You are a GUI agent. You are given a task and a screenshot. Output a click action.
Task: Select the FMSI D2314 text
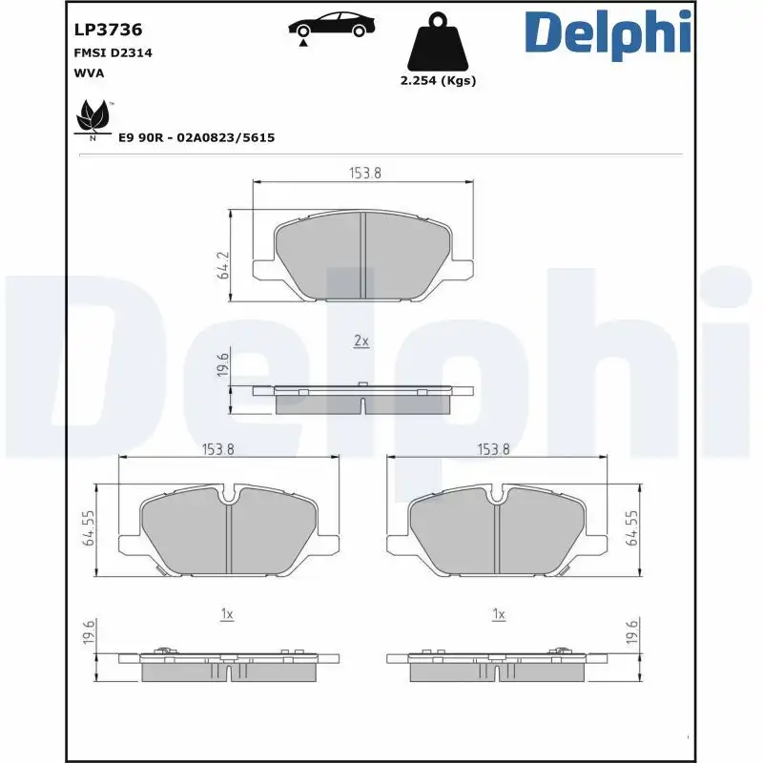(113, 53)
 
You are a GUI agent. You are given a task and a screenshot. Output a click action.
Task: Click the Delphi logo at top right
(607, 32)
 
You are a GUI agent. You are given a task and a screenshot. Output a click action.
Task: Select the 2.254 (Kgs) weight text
(437, 81)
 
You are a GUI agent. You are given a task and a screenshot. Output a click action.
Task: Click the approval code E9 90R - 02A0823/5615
(196, 138)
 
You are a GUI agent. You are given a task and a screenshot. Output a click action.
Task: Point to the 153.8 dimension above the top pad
(362, 173)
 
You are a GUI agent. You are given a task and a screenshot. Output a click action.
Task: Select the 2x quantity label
(361, 340)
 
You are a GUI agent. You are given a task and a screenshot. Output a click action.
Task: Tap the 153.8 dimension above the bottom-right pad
(494, 449)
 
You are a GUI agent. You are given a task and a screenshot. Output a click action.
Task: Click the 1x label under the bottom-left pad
(226, 615)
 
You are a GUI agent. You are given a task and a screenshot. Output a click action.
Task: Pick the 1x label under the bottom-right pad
(497, 615)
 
